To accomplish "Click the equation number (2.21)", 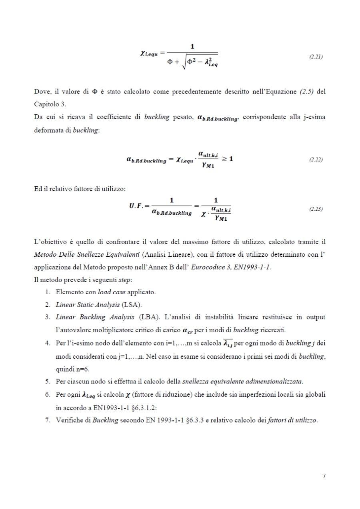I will click(x=316, y=57).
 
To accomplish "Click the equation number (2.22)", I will click(x=316, y=160).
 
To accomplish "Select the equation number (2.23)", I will click(x=316, y=209).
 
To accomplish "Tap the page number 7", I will click(x=324, y=476).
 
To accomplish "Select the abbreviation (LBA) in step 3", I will click(x=148, y=317).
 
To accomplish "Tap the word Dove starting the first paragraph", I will click(x=42, y=92).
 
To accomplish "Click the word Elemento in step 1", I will click(x=68, y=291).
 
